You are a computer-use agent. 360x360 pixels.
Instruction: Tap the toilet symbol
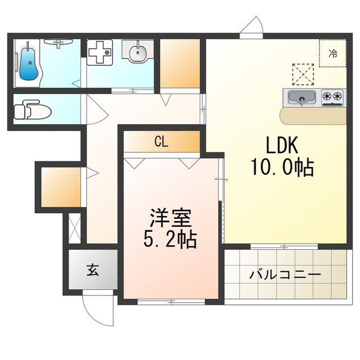pos(32,110)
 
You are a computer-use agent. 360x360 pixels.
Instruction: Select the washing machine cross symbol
pos(100,52)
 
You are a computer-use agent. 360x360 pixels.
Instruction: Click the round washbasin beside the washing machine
pos(138,53)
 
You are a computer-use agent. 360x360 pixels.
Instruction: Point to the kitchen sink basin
pos(302,97)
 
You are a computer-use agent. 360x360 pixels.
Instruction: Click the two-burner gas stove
pos(332,97)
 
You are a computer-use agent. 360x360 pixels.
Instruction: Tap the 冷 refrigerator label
pos(333,53)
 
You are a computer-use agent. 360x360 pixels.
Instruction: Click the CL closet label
pos(161,142)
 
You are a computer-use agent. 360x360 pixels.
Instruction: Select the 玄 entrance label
pos(93,270)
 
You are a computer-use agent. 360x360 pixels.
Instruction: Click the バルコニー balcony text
pos(285,274)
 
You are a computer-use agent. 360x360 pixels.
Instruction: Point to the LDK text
pos(282,145)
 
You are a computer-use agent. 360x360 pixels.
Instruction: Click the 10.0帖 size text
pos(282,167)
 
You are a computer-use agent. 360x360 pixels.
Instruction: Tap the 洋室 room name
pos(170,218)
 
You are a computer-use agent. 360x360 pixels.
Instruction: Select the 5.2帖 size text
pos(170,239)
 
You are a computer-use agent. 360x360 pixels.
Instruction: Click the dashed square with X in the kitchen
pos(303,74)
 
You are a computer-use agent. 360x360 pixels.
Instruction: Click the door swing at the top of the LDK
pos(251,25)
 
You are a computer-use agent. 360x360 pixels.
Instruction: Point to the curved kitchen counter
pos(313,116)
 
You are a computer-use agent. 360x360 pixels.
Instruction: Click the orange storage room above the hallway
pos(180,64)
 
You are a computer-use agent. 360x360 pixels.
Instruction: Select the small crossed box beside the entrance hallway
pos(75,228)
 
